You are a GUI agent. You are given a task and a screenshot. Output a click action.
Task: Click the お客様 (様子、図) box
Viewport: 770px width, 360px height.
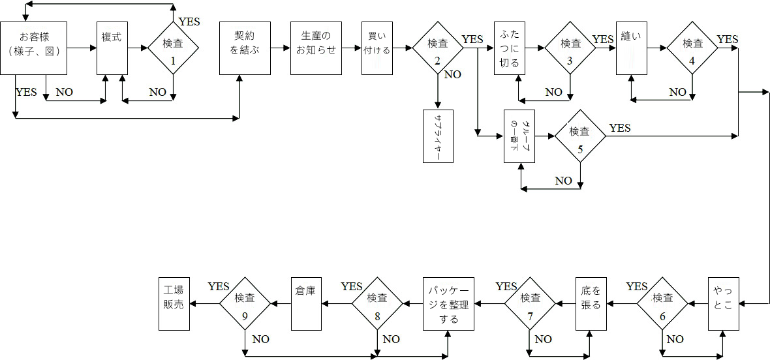tap(34, 48)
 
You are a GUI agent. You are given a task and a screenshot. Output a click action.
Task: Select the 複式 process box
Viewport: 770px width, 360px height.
tap(112, 48)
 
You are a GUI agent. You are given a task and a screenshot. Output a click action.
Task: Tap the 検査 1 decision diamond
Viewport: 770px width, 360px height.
tap(173, 48)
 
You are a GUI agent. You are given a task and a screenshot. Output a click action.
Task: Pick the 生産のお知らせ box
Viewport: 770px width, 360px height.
tap(316, 48)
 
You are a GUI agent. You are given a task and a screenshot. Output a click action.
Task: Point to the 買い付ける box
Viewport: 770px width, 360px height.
tap(377, 48)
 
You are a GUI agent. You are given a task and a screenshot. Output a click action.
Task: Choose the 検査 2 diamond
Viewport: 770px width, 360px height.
tap(437, 48)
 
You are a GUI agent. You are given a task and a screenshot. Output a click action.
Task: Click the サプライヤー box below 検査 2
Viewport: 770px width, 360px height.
tap(438, 136)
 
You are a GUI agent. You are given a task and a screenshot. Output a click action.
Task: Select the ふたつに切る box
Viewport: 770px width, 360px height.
tap(510, 48)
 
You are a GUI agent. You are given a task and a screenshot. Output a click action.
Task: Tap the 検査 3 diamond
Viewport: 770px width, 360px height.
tap(570, 48)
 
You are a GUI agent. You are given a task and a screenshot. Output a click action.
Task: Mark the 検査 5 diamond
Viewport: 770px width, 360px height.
tap(579, 136)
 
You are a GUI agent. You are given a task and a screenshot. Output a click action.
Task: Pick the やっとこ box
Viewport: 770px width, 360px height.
tap(724, 303)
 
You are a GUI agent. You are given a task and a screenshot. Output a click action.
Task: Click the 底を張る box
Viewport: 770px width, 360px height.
tap(591, 303)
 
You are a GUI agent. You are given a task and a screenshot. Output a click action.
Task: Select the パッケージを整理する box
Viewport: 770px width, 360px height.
tap(448, 303)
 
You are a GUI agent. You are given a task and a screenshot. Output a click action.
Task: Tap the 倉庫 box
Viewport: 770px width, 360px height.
tap(305, 303)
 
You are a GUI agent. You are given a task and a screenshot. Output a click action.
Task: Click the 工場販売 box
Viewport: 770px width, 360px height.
tap(174, 303)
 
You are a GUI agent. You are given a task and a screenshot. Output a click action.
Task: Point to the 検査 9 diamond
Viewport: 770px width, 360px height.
tap(244, 303)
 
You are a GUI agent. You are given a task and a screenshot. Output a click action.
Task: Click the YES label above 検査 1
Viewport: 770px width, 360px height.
tap(189, 22)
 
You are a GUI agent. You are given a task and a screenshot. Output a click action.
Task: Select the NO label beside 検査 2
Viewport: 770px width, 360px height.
tap(452, 74)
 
